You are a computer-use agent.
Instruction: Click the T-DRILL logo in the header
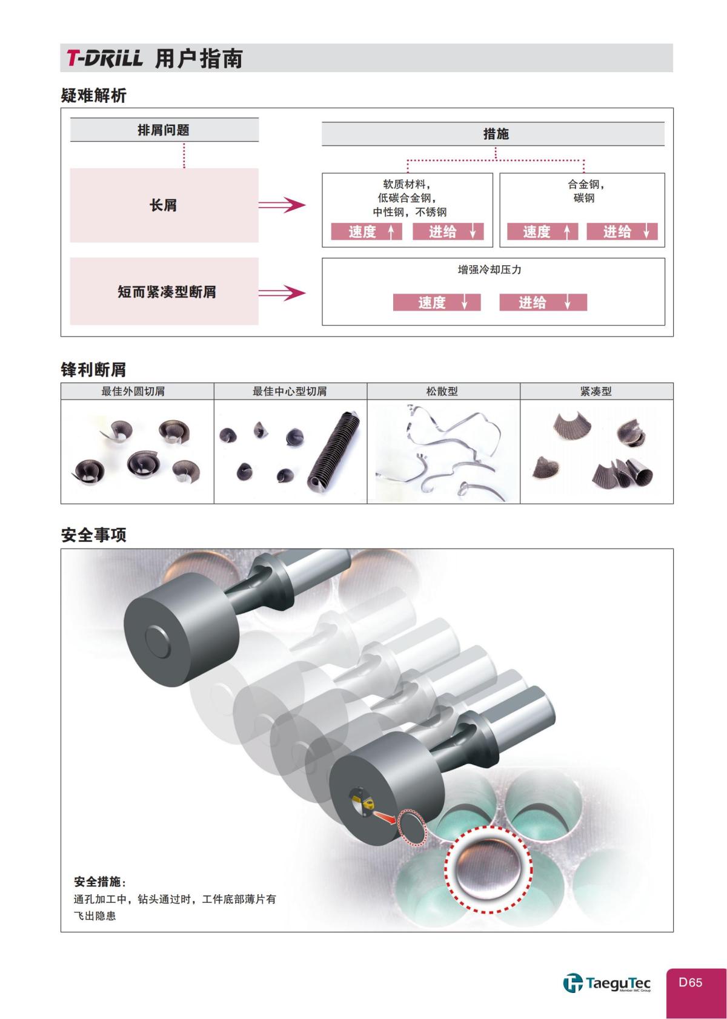point(104,58)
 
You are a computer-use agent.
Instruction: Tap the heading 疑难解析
point(93,95)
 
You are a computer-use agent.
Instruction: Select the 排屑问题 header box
point(164,130)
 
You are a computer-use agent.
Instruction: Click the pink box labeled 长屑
point(164,205)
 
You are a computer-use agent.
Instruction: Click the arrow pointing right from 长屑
point(282,205)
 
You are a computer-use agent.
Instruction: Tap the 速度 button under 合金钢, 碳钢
point(542,231)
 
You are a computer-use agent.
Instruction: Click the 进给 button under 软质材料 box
point(448,231)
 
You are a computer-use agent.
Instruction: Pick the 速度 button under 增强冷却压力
point(436,302)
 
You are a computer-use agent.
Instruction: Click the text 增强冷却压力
point(490,269)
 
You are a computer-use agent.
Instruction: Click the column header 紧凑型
point(596,391)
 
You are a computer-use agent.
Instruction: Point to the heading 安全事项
point(93,535)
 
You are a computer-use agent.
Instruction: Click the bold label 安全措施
point(98,881)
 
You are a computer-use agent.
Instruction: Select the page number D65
point(691,982)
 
